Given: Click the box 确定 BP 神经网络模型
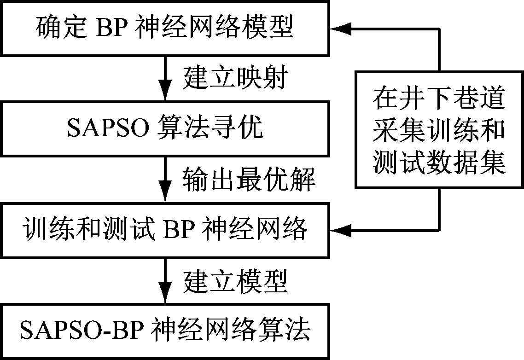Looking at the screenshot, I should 165,29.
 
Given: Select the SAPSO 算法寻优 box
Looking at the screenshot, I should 165,128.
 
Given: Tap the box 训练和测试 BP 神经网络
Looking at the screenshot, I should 165,229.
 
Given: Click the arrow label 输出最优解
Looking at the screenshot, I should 249,179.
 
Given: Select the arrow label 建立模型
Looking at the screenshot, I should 235,279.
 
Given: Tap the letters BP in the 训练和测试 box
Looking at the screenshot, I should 179,229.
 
